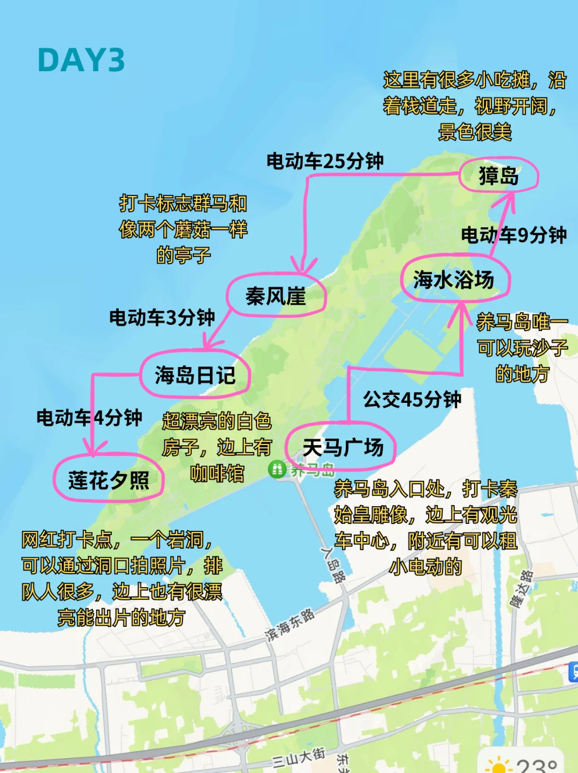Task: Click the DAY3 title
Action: coord(81,60)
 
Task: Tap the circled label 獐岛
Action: coord(498,175)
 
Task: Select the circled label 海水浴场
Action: coord(454,279)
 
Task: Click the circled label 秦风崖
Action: coord(276,296)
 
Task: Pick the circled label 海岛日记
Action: coord(195,374)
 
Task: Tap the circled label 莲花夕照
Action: coord(109,479)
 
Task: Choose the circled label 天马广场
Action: coord(343,447)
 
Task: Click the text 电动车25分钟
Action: coord(325,161)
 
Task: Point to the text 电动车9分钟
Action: coord(514,235)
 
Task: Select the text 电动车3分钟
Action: coord(162,317)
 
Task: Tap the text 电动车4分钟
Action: coord(89,417)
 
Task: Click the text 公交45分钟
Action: coord(412,399)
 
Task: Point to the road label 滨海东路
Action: coord(290,625)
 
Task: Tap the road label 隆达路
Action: coord(521,589)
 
